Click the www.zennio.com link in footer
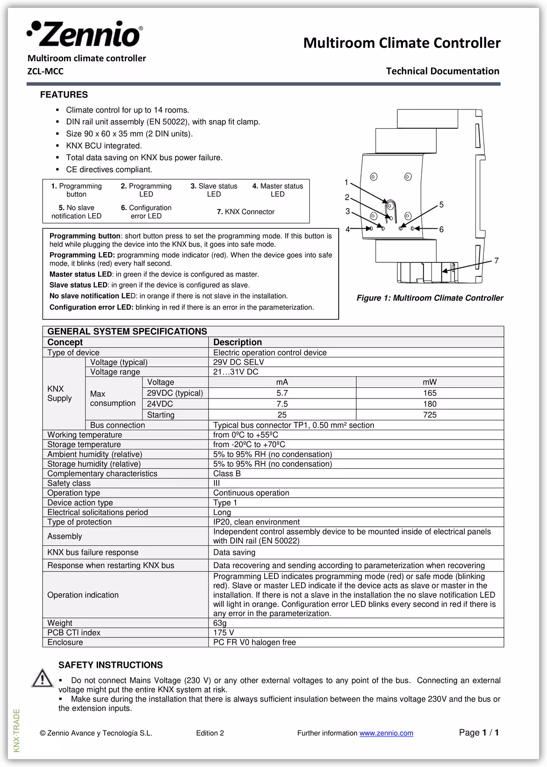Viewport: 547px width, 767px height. pyautogui.click(x=386, y=733)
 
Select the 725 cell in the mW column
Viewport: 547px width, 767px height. pyautogui.click(x=430, y=415)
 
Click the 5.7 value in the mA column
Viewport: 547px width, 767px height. pyautogui.click(x=282, y=393)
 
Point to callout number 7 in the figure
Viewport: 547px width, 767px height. pyautogui.click(x=497, y=260)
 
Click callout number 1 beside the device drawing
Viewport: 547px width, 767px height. pyautogui.click(x=346, y=182)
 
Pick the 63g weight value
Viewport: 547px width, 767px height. pyautogui.click(x=220, y=623)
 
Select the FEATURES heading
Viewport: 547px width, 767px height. pyautogui.click(x=64, y=94)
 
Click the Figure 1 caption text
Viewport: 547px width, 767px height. pyautogui.click(x=430, y=298)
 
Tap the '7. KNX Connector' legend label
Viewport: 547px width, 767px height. pyautogui.click(x=245, y=212)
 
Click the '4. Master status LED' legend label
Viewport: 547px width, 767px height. pyautogui.click(x=278, y=190)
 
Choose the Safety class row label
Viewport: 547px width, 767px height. pyautogui.click(x=69, y=483)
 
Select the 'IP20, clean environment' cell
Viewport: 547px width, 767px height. pyautogui.click(x=256, y=522)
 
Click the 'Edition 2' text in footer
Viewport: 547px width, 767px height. pyautogui.click(x=210, y=733)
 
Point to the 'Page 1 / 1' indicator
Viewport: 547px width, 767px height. pyautogui.click(x=479, y=732)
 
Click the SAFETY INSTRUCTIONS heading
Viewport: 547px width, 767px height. pyautogui.click(x=110, y=665)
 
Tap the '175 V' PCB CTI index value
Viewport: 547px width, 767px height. pyautogui.click(x=223, y=632)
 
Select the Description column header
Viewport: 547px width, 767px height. pyautogui.click(x=238, y=342)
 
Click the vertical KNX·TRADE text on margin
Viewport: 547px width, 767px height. pyautogui.click(x=17, y=731)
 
